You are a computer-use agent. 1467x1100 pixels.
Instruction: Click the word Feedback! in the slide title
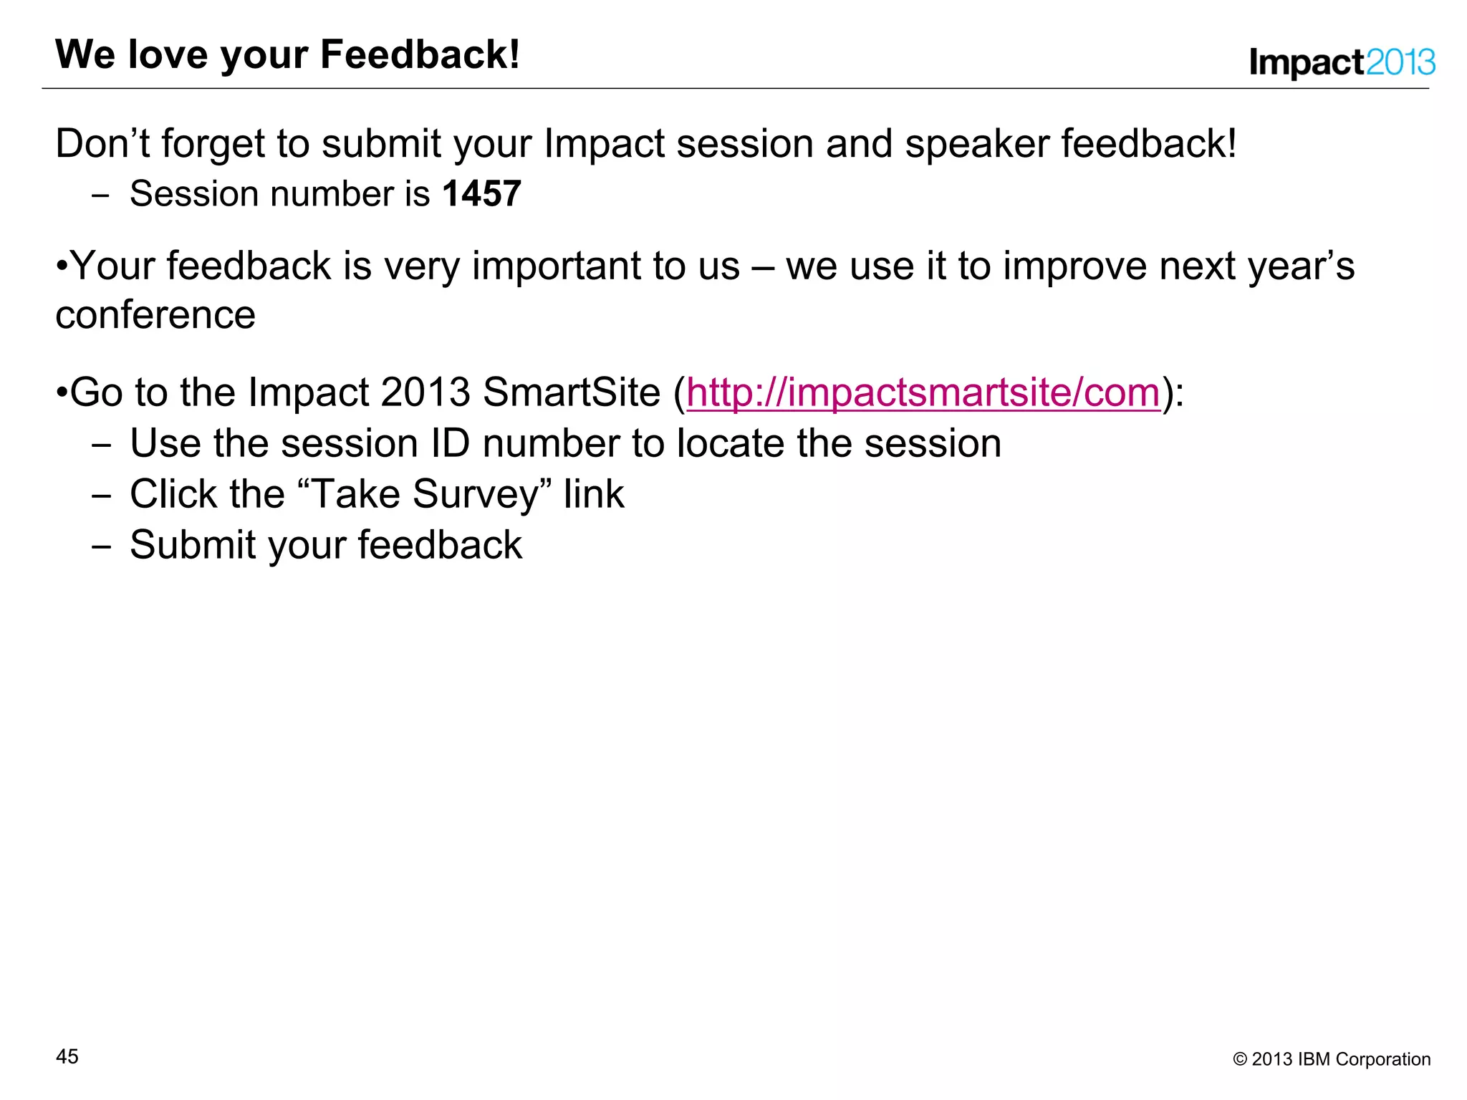(x=420, y=55)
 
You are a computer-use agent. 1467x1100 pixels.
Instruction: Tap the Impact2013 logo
(x=1342, y=62)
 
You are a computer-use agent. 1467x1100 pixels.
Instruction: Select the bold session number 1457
(x=481, y=194)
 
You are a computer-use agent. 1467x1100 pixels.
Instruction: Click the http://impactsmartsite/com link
(x=923, y=393)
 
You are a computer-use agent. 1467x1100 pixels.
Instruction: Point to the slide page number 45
(x=67, y=1056)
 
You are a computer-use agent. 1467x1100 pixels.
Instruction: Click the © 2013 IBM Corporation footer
(x=1331, y=1059)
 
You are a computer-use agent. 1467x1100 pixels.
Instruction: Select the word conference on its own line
(x=155, y=315)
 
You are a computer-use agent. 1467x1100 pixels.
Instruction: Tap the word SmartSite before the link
(x=571, y=393)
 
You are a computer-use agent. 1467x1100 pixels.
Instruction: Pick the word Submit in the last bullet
(x=193, y=545)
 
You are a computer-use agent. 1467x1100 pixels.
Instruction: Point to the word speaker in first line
(x=976, y=143)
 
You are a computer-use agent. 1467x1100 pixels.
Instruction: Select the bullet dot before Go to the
(x=62, y=393)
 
